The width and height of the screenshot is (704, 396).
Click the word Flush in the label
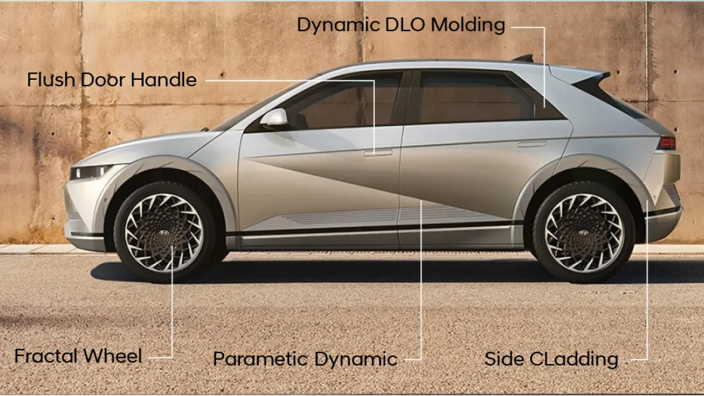(51, 80)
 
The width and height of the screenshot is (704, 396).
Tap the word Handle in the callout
(164, 80)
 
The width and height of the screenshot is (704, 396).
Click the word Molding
(468, 25)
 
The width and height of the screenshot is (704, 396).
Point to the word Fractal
(46, 356)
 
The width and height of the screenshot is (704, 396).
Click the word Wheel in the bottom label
(113, 356)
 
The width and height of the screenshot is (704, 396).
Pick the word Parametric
(260, 359)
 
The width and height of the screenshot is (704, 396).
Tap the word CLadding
(574, 359)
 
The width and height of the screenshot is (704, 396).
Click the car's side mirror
(274, 117)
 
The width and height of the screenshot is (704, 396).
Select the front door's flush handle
(378, 153)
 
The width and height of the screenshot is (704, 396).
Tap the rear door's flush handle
(532, 144)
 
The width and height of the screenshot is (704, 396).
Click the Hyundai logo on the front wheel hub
(164, 232)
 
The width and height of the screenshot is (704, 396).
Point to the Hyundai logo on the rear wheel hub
(583, 233)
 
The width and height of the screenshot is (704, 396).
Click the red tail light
(666, 143)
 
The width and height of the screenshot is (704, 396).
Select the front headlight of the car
(90, 171)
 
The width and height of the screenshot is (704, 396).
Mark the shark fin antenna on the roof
(524, 58)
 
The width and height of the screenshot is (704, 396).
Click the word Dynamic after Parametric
(356, 359)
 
